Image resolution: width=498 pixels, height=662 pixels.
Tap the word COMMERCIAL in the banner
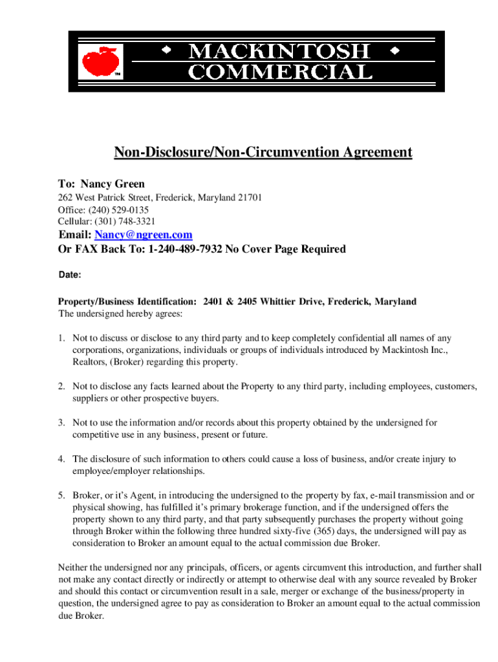pyautogui.click(x=280, y=71)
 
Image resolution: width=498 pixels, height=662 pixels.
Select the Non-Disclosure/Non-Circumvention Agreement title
pyautogui.click(x=263, y=153)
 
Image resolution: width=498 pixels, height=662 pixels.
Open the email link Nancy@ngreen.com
pyautogui.click(x=143, y=235)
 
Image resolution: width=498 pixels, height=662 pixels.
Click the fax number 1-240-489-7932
pyautogui.click(x=185, y=249)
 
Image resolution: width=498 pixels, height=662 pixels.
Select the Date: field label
pyautogui.click(x=70, y=275)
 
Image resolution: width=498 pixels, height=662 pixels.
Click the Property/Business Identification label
pyautogui.click(x=127, y=302)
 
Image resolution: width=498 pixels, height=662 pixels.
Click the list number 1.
pyautogui.click(x=61, y=338)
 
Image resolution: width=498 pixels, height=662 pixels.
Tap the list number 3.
pyautogui.click(x=61, y=423)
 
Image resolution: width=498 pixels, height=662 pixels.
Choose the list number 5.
pyautogui.click(x=61, y=496)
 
